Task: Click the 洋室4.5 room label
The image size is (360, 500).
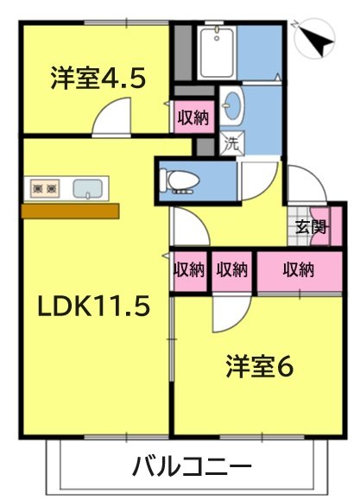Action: coord(96,79)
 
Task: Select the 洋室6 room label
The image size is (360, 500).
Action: coord(259,366)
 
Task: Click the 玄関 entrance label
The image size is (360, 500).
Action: coord(310,228)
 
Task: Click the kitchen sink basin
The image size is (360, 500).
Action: coord(89,188)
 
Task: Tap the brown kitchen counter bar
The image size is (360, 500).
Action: coord(70,211)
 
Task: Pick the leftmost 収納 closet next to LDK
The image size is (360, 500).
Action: coord(189,270)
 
